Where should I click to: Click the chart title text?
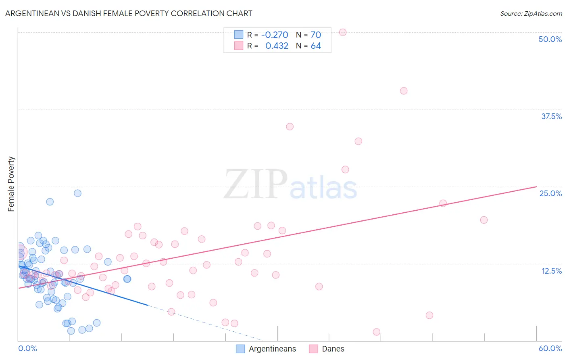(x=129, y=13)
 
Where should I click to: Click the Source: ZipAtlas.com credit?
(x=531, y=13)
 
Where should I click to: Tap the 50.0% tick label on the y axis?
(x=550, y=39)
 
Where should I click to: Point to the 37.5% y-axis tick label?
(x=551, y=116)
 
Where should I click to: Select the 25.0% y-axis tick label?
(x=550, y=193)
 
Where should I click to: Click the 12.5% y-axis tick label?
(x=551, y=271)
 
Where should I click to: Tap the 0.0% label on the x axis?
(x=27, y=348)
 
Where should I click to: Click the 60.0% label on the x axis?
(x=550, y=348)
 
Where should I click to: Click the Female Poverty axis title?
(x=11, y=184)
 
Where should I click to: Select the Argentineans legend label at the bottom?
(x=272, y=349)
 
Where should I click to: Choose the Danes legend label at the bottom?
(x=333, y=349)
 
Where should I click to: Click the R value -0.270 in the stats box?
(x=275, y=35)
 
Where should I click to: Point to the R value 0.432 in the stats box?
(x=277, y=46)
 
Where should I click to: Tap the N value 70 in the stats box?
(x=316, y=35)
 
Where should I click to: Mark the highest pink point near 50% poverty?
(x=343, y=32)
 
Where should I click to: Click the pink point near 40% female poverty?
(x=404, y=91)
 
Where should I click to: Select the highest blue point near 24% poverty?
(x=77, y=193)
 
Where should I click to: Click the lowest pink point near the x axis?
(x=377, y=332)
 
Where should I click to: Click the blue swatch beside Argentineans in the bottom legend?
(x=240, y=349)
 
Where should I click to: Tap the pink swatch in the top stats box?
(x=239, y=46)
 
